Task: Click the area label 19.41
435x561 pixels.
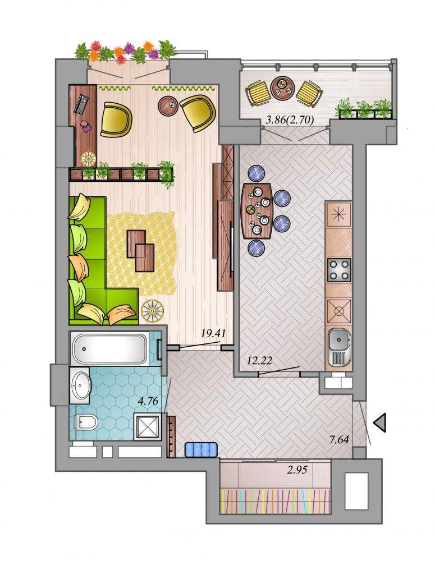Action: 213,334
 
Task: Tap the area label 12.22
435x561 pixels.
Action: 259,360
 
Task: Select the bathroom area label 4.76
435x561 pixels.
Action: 148,401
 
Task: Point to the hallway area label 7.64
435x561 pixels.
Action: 338,439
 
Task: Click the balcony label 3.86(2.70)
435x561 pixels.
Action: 290,120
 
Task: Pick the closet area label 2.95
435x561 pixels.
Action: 297,469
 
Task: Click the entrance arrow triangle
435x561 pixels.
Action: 379,422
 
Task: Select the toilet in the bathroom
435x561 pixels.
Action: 85,422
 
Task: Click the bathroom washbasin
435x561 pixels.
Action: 80,386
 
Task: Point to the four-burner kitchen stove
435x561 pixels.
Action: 338,270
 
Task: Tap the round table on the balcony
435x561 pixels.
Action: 282,87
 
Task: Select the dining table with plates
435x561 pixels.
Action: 258,211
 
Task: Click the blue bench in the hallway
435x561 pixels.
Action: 201,449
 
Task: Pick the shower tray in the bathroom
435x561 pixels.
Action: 148,426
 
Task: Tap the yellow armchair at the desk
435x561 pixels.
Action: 116,119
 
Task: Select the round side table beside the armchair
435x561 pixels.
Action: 168,105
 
